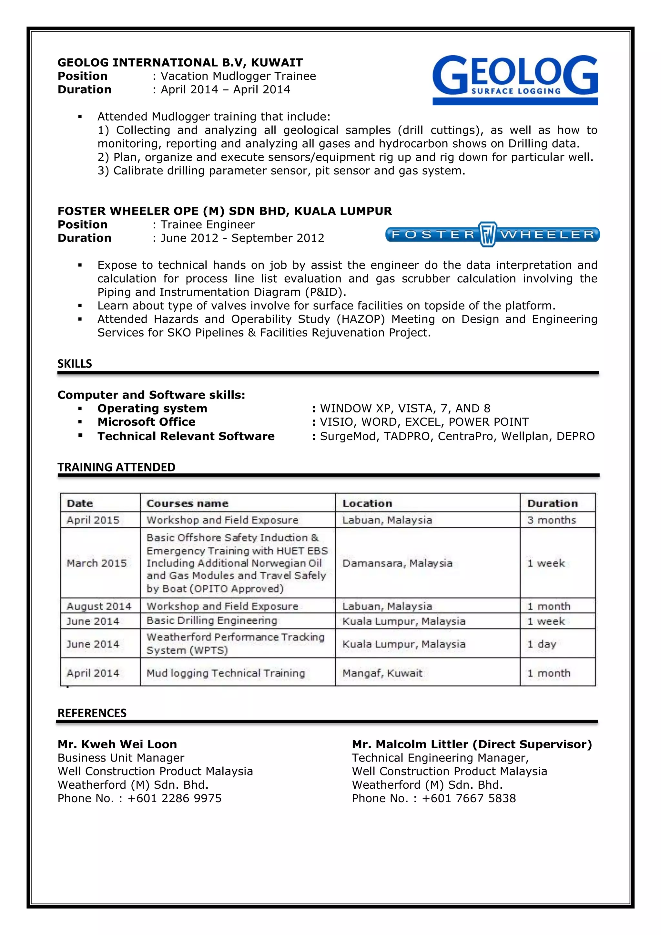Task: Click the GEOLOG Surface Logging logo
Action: (515, 79)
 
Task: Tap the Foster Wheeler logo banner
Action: (492, 234)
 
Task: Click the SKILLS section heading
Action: (75, 364)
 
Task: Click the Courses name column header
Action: (187, 503)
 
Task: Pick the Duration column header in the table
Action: (552, 503)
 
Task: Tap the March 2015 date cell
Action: (97, 563)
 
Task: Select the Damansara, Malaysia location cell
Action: (397, 563)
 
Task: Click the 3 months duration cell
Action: (552, 520)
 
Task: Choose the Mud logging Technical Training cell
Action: (226, 673)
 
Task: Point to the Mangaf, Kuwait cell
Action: (382, 673)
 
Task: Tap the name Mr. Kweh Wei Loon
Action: (117, 744)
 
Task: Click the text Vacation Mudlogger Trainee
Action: (238, 76)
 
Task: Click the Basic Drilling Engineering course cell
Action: (212, 621)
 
